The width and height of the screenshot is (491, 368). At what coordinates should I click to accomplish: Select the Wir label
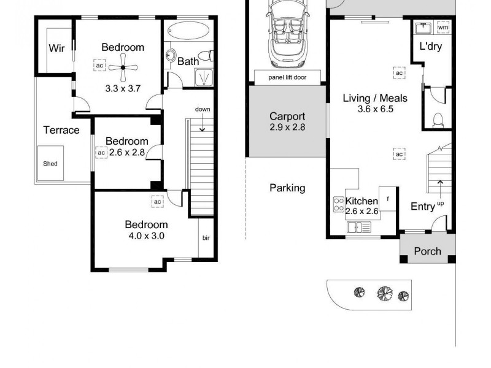pyautogui.click(x=56, y=48)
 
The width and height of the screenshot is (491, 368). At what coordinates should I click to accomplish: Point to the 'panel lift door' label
pyautogui.click(x=287, y=78)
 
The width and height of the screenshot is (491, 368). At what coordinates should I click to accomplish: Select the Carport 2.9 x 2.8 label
pyautogui.click(x=287, y=122)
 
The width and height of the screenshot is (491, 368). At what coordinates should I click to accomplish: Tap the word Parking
pyautogui.click(x=287, y=188)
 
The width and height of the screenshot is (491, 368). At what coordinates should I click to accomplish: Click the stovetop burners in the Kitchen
pyautogui.click(x=338, y=204)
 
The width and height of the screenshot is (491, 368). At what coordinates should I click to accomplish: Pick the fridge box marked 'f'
pyautogui.click(x=387, y=199)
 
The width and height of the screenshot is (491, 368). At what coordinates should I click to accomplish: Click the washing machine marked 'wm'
pyautogui.click(x=443, y=28)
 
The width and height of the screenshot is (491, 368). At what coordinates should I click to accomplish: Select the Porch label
pyautogui.click(x=427, y=251)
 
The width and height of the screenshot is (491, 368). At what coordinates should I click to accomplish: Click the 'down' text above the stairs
pyautogui.click(x=203, y=109)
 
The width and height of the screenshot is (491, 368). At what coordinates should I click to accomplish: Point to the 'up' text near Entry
pyautogui.click(x=440, y=203)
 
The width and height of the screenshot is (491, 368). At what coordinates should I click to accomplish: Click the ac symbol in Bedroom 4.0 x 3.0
pyautogui.click(x=157, y=201)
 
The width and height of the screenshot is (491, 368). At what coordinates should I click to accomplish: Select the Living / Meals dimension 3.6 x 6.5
pyautogui.click(x=375, y=109)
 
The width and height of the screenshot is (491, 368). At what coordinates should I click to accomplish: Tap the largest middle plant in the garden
pyautogui.click(x=385, y=293)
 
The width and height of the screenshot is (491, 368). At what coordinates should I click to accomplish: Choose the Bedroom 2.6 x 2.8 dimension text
pyautogui.click(x=126, y=153)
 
